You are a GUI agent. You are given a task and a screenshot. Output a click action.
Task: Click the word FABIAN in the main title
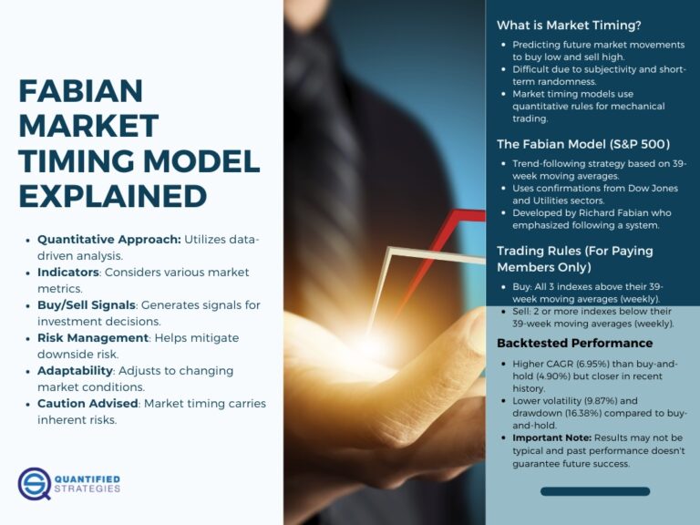(81, 92)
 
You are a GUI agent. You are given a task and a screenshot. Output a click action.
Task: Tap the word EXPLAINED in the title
(112, 196)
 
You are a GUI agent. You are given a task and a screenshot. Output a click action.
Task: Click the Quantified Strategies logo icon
(34, 483)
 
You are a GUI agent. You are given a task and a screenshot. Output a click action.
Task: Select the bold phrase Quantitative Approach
(108, 239)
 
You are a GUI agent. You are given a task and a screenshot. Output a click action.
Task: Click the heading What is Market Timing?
(568, 26)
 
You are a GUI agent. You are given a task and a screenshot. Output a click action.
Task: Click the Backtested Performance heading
(574, 344)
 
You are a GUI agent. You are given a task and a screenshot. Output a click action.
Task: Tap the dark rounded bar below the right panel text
(594, 491)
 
